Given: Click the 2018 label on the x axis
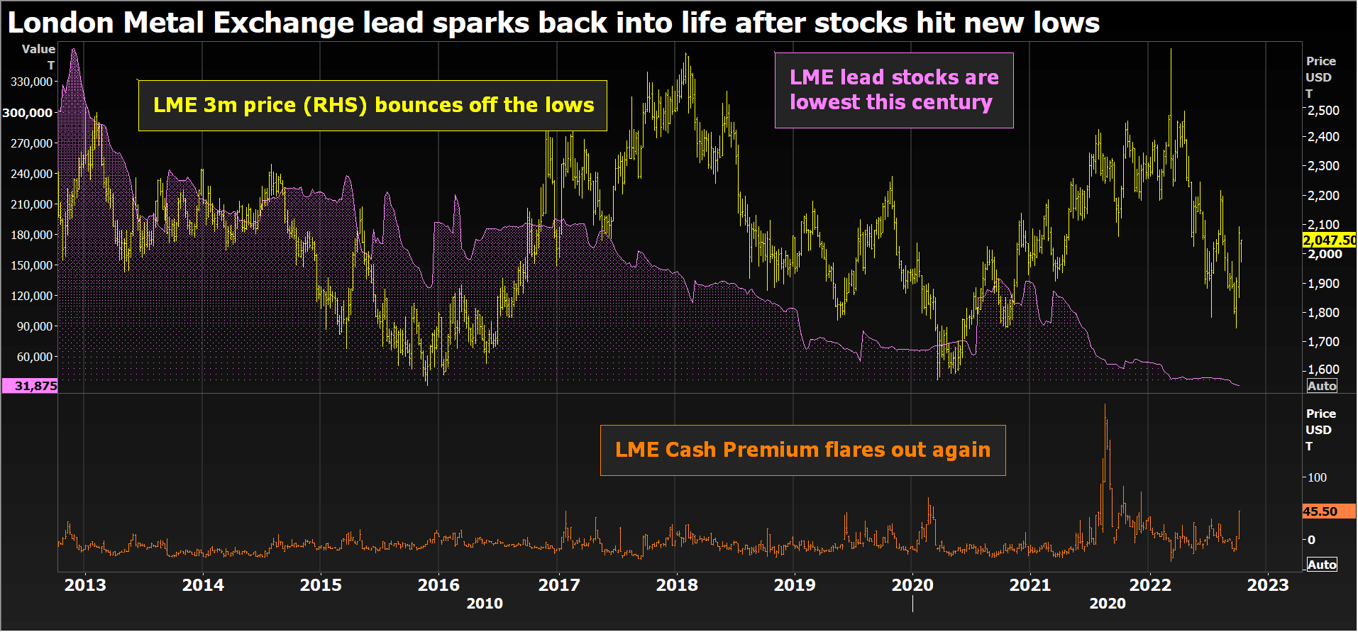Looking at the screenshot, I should click(676, 585).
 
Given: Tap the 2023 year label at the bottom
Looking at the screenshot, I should click(1267, 585).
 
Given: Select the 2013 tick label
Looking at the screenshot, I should click(85, 585).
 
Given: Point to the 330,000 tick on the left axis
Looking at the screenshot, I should click(32, 82).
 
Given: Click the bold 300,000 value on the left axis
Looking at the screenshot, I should click(28, 113).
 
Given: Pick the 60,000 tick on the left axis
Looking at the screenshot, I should click(35, 357).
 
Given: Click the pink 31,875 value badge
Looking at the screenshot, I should click(30, 386).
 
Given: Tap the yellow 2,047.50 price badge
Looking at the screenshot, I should click(1329, 240).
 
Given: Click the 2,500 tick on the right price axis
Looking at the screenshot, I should click(1324, 111).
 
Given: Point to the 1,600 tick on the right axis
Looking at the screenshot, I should click(1324, 370).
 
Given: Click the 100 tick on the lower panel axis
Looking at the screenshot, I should click(1318, 477).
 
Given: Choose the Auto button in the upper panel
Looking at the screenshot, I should click(1322, 386).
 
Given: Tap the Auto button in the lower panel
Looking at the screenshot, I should click(1322, 565).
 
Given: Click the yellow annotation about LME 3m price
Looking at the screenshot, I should click(372, 106).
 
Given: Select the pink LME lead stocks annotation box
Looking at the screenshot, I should click(893, 90).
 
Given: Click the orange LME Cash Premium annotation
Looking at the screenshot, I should click(802, 450).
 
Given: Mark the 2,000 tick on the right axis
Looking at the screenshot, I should click(1325, 254).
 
